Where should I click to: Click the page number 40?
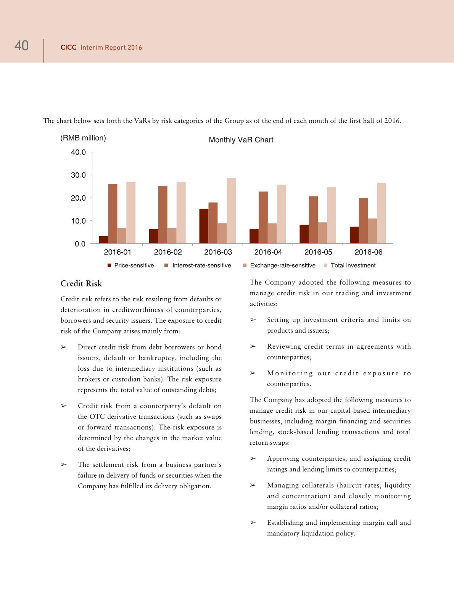(21, 46)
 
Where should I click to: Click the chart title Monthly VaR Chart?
(241, 140)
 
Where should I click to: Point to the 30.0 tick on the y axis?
(78, 175)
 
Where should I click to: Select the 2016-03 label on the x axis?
(218, 252)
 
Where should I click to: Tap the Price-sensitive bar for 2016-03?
(204, 226)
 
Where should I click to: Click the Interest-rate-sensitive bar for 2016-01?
(113, 214)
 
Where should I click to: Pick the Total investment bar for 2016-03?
(231, 211)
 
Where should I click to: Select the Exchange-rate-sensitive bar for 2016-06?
(372, 231)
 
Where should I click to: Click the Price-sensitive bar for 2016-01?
(103, 240)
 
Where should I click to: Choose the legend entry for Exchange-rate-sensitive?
(283, 265)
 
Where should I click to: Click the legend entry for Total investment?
(353, 265)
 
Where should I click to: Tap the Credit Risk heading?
(81, 284)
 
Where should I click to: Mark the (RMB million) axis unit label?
(83, 138)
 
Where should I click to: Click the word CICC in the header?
(69, 48)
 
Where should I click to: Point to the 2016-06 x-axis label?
(368, 252)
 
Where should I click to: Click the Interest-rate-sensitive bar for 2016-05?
(313, 220)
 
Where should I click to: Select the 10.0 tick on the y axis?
(78, 221)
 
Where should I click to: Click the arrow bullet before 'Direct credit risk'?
(64, 347)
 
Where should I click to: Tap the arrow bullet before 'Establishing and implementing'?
(253, 523)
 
